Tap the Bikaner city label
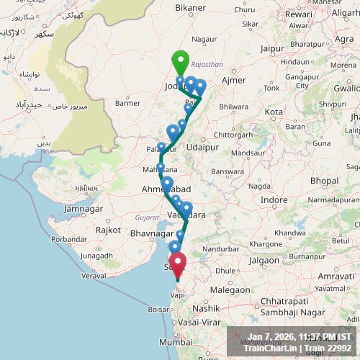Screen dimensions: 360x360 pos(189,8)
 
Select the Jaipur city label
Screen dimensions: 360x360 pos(272,48)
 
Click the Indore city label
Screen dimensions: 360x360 pos(274,199)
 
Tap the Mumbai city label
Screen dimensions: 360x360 pos(176,342)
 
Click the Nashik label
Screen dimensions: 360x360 pos(205,307)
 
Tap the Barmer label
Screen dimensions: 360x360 pos(127,103)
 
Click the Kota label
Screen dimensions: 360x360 pos(274,112)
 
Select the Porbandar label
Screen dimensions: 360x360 pos(69,240)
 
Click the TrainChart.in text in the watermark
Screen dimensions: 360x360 pos(271,348)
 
